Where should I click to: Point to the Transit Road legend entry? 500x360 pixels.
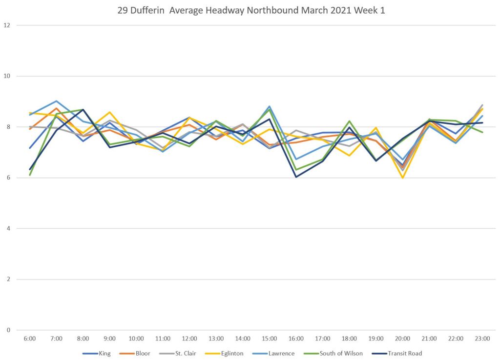click(x=405, y=354)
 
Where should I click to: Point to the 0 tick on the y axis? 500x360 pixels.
click(x=8, y=330)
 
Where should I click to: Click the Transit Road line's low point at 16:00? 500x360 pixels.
click(x=296, y=177)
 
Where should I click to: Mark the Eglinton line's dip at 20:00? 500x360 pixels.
click(x=403, y=178)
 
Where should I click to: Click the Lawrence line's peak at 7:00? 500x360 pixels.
click(x=56, y=101)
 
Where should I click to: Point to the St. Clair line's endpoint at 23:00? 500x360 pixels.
click(x=482, y=105)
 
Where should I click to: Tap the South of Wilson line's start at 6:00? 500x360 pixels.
click(x=30, y=175)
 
